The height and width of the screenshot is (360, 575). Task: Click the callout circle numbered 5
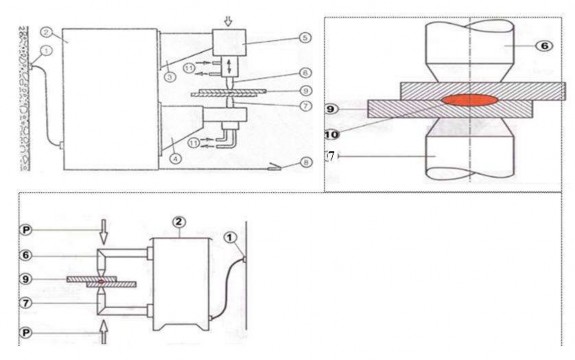305,37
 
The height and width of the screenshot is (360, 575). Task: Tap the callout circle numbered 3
170,76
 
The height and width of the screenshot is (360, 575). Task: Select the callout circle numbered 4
176,158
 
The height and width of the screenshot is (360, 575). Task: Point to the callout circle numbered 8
305,162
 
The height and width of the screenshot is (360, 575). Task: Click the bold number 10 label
331,135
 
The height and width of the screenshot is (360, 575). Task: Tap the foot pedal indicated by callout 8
275,167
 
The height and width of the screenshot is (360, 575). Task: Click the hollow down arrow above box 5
228,22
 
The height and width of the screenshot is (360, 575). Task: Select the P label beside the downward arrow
26,230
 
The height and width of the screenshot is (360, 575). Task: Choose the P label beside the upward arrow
26,333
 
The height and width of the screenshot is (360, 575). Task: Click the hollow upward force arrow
104,332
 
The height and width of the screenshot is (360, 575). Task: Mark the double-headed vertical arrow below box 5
230,66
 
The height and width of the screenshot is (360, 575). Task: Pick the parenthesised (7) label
331,157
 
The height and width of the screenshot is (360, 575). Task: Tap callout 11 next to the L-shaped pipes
194,143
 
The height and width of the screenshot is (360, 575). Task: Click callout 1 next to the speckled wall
47,51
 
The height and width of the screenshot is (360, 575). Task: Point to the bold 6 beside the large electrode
545,45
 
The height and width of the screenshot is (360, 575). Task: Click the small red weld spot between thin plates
102,282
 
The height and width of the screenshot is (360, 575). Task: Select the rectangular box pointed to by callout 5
229,42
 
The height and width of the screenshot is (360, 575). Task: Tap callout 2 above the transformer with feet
179,222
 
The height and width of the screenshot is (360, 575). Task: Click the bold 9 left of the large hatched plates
331,109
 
